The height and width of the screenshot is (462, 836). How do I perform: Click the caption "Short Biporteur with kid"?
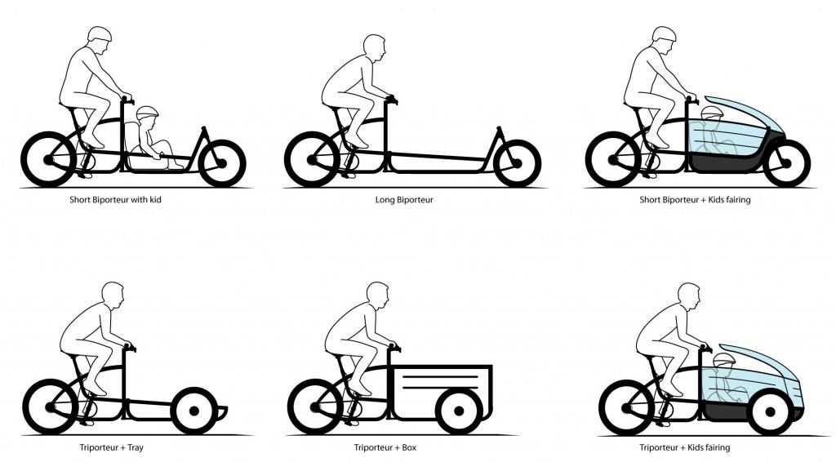click(115, 200)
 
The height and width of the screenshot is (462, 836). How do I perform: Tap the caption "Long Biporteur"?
click(404, 200)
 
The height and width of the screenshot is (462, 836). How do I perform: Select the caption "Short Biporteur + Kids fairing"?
click(695, 200)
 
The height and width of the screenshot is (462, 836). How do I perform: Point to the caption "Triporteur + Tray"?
click(111, 447)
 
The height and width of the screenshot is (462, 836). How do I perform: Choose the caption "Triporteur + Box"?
click(385, 447)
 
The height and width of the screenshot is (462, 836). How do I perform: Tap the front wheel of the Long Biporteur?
click(517, 163)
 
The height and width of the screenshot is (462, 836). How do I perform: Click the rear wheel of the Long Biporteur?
click(312, 159)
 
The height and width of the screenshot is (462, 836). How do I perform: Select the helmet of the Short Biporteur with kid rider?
click(100, 33)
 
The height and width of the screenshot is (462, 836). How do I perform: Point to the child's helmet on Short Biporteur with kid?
click(148, 113)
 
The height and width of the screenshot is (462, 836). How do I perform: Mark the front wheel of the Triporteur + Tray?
click(194, 411)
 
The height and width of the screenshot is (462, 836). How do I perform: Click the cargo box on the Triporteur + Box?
click(442, 392)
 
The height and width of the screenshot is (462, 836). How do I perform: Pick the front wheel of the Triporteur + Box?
click(459, 411)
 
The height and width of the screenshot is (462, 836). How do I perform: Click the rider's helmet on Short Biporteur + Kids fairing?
click(665, 33)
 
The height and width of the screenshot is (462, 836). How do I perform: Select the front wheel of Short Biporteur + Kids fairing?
click(786, 163)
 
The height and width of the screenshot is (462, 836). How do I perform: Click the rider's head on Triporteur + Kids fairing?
click(689, 295)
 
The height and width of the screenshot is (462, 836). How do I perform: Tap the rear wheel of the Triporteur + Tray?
click(50, 407)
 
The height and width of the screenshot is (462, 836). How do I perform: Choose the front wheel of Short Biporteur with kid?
click(222, 163)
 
